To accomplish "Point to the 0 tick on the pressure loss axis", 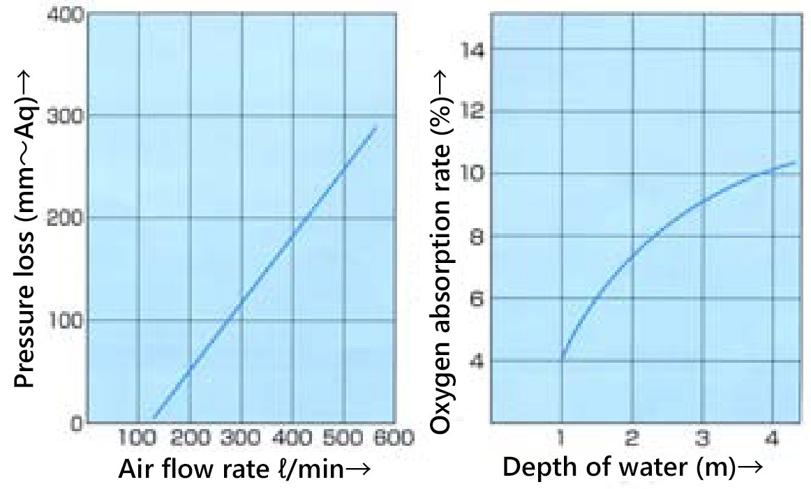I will [76, 423].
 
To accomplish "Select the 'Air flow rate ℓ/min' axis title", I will [237, 469].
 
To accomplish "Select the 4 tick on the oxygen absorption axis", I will [481, 361].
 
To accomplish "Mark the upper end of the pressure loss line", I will [376, 128].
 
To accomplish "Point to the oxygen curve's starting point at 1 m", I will [562, 359].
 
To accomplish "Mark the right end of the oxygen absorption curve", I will [795, 163].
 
